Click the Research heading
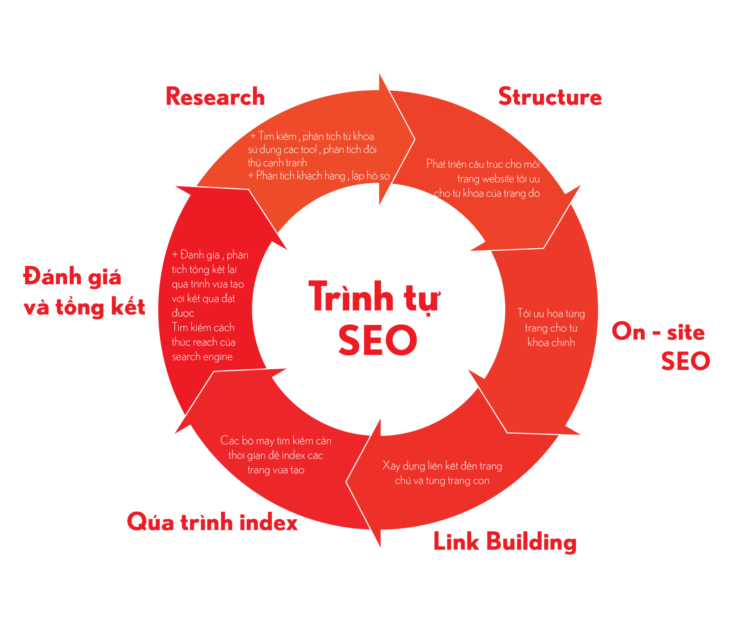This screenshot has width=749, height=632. pos(215,97)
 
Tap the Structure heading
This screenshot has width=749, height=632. pos(550,97)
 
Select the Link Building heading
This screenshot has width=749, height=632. pos(505,541)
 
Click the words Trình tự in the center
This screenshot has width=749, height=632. pos(374,297)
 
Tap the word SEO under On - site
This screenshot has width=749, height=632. pos(685,361)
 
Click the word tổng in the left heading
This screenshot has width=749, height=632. pos(79,307)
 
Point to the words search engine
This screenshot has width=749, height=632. pos(202,357)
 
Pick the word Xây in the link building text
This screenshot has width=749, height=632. pos(391,466)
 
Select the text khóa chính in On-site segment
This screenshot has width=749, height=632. pos(551,342)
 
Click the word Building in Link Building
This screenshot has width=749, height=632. pos(531,541)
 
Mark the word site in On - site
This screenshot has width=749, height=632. pos(686,332)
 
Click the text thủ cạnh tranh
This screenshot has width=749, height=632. pos(277,163)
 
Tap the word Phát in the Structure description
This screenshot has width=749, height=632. pos(436,164)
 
